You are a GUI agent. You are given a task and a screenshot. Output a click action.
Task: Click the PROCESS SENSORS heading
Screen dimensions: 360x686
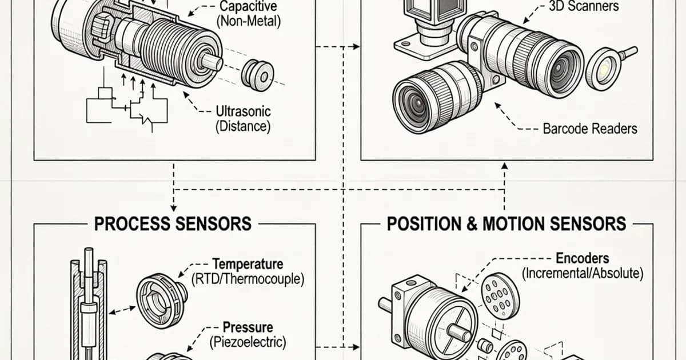(173, 223)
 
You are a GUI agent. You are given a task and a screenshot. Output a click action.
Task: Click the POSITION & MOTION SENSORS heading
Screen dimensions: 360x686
(506, 223)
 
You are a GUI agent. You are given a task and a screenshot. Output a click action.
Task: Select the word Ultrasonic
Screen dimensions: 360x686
(243, 111)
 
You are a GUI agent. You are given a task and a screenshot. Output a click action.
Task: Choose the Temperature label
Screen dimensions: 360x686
(248, 265)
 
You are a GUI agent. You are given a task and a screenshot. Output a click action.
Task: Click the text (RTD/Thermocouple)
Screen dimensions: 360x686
(248, 280)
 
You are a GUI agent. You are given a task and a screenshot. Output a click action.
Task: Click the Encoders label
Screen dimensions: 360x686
(582, 258)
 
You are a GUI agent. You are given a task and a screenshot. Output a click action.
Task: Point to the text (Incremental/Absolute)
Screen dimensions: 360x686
(582, 274)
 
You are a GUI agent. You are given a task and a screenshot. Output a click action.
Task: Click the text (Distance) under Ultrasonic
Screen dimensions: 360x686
(243, 126)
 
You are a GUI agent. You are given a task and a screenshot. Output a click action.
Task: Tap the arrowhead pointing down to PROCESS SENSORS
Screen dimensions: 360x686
(173, 207)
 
